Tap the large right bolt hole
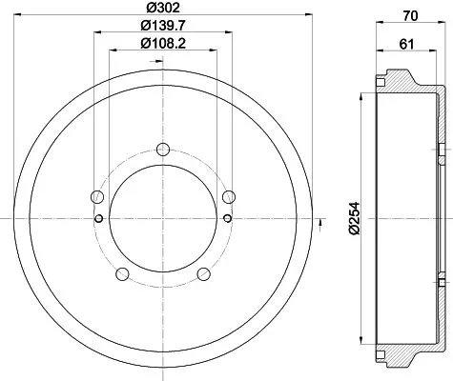227,197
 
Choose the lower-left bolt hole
121,274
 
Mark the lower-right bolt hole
202,274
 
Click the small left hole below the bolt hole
96,218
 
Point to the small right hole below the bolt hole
227,218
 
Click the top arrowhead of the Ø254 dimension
362,98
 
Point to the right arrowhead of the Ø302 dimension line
308,15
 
